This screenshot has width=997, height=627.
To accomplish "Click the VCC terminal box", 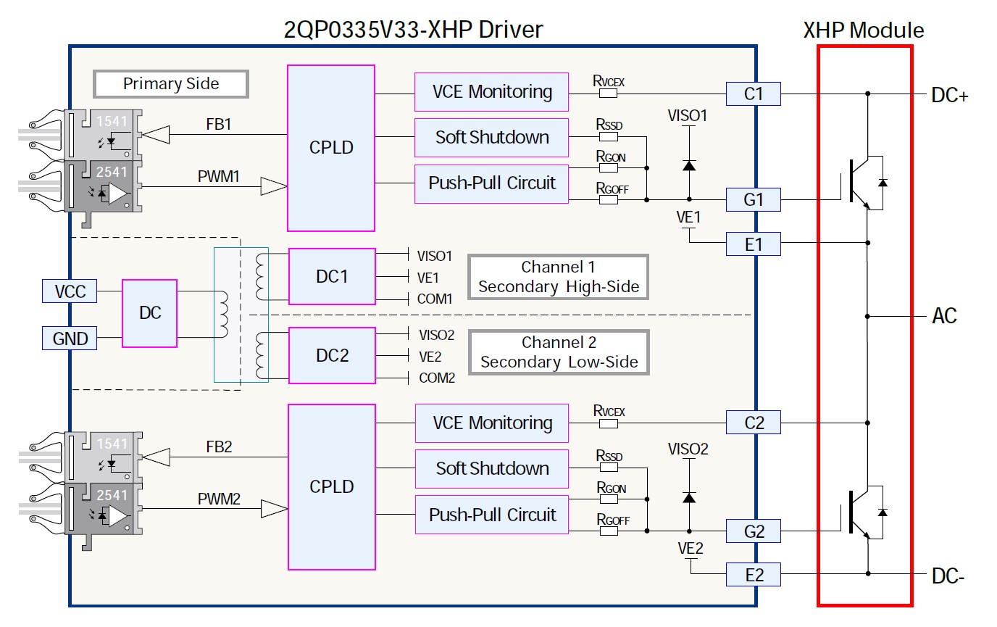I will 70,291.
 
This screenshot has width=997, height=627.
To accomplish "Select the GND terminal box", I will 70,338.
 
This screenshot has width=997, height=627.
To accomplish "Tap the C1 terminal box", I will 754,94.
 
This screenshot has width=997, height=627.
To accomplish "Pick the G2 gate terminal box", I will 754,532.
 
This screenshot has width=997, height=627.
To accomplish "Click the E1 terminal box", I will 754,244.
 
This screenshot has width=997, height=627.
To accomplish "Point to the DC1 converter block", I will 332,276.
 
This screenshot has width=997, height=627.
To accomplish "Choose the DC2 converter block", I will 332,355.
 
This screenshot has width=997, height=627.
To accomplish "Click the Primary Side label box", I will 171,83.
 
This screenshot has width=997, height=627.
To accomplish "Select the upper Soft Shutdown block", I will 491,137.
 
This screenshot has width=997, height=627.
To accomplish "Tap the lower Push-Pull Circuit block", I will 491,515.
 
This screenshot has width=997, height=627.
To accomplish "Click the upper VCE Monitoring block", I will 491,92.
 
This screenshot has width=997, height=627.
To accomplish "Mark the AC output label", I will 944,316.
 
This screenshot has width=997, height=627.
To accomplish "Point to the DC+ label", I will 949,95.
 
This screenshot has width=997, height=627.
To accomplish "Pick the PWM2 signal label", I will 219,499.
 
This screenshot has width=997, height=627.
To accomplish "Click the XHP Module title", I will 863,30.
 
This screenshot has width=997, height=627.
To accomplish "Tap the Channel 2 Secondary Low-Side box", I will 559,352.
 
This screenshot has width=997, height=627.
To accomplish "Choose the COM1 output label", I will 435,299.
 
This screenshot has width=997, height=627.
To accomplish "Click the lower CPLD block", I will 332,486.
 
